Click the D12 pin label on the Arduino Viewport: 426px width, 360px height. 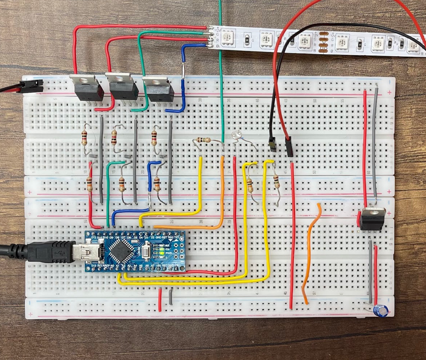tap(94, 237)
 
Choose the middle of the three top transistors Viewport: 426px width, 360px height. tap(122, 88)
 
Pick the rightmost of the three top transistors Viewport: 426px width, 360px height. tap(158, 89)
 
